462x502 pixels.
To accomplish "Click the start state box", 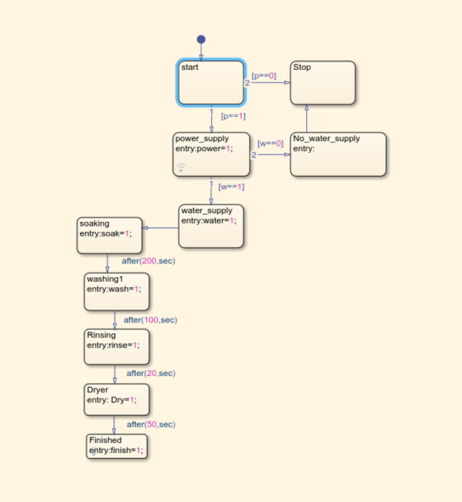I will (x=211, y=83).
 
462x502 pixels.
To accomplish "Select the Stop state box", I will (x=323, y=83).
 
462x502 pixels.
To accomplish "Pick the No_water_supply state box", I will (x=338, y=154).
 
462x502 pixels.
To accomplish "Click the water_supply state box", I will (x=211, y=226).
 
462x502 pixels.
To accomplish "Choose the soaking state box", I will (x=110, y=236).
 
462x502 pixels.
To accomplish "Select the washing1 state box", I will (x=116, y=292).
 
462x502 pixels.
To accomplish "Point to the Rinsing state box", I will (x=116, y=346).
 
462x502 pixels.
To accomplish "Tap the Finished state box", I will (x=116, y=446).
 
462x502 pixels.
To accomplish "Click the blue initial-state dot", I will (x=201, y=39).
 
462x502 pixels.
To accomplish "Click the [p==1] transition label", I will (x=233, y=116).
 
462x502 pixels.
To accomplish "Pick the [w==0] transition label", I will (x=270, y=144).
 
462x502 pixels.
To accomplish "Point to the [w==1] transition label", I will (x=231, y=187).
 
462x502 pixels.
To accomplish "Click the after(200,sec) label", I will (x=148, y=261).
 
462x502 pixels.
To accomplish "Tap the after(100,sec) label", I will (x=150, y=319).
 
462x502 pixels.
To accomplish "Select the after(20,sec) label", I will (x=150, y=373).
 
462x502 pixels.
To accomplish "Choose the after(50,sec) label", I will (x=150, y=424).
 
